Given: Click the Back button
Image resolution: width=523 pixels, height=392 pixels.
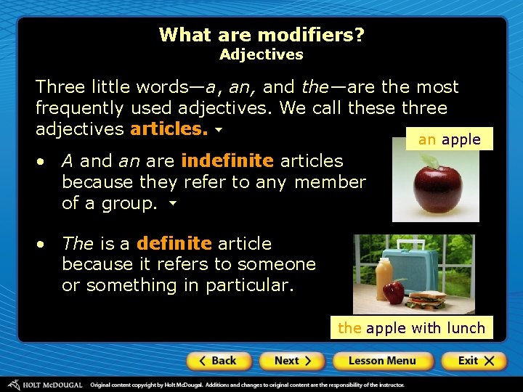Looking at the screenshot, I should coord(219,361).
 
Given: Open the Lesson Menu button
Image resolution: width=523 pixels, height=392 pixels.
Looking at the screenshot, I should coord(382,361).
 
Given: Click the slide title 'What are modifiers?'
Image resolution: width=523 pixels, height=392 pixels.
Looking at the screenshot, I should coord(261,34).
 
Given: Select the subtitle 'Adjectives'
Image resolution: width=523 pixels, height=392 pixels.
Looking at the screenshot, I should coord(261,54).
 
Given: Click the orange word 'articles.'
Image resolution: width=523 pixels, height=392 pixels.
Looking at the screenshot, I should coord(169,130).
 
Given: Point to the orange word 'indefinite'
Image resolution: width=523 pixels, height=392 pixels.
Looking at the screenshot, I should coord(227,160).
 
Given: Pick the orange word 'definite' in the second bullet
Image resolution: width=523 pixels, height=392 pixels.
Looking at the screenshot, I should coord(174,243).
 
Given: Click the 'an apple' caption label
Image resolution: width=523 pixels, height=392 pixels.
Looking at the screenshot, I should coord(450,139).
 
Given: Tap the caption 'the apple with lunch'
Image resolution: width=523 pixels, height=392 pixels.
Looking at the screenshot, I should coord(411,328).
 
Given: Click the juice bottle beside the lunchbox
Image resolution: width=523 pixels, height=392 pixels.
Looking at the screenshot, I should coord(384,279).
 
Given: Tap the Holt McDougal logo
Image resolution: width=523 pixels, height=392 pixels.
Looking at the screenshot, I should coord(45,384).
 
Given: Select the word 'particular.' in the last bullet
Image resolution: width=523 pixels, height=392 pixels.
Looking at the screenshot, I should coord(250,285).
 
